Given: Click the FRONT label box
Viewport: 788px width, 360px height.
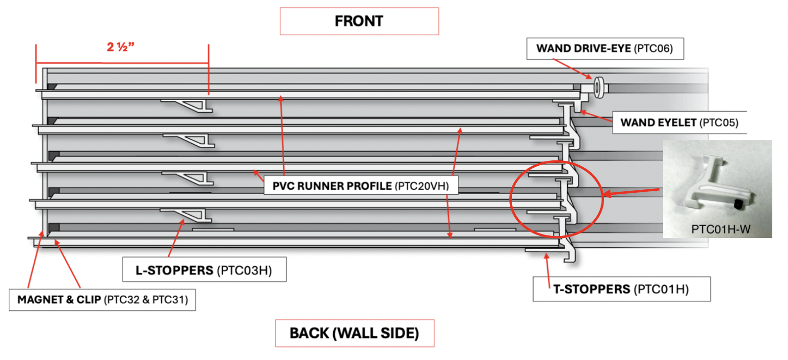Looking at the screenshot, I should click(359, 21).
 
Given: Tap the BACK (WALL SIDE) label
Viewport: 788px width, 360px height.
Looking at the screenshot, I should click(354, 333).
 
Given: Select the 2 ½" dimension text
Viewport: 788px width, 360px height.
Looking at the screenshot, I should click(121, 47).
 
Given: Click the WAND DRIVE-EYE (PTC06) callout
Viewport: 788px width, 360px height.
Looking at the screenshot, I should click(604, 49).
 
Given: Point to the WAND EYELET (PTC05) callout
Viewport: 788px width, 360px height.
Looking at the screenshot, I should click(679, 123).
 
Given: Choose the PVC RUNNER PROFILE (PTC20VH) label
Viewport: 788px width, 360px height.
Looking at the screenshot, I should click(361, 186).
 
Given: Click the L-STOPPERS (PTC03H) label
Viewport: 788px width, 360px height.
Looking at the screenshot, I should click(204, 270).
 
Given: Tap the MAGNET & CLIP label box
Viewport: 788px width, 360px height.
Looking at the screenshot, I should click(103, 300).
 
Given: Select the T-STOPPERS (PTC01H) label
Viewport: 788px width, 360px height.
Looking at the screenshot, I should click(621, 289).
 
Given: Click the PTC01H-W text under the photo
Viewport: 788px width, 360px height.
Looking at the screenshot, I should click(720, 229).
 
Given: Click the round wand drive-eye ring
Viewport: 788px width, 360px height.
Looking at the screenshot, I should click(598, 88).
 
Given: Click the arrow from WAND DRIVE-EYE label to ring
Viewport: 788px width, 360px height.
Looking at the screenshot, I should click(573, 69).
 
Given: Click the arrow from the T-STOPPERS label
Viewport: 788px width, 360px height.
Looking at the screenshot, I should click(548, 270).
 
